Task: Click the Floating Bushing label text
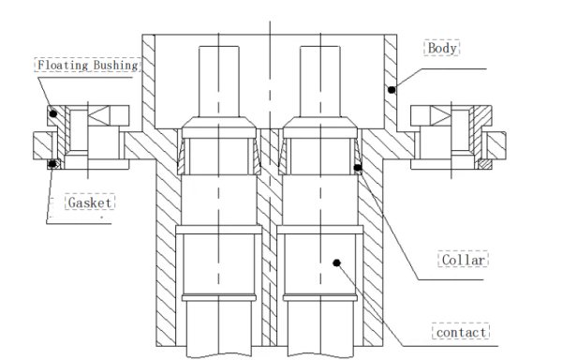coord(88,66)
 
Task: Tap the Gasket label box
coord(90,202)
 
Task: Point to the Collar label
coord(463,260)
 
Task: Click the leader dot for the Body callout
coord(392,90)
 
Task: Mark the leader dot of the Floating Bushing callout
coord(53,113)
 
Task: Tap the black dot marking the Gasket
coord(54,165)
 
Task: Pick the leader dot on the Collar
coord(358,168)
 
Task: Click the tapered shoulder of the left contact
coord(220,127)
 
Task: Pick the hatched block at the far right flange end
coord(497,144)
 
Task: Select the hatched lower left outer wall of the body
coord(164,253)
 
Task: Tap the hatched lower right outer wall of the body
coord(376,253)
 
